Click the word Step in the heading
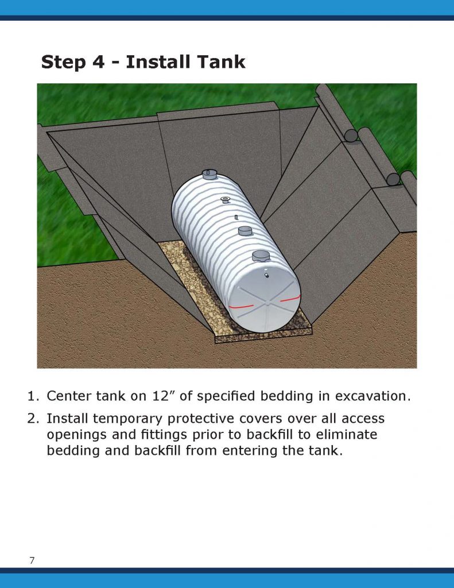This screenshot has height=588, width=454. point(63,62)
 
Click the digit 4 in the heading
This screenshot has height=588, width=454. point(99,62)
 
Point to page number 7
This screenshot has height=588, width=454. point(32,560)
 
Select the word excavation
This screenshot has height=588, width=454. point(372,396)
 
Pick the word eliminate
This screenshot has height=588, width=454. point(347,434)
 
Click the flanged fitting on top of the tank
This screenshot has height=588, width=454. point(225,199)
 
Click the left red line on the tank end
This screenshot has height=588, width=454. point(242,307)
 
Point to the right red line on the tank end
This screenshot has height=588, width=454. point(290,298)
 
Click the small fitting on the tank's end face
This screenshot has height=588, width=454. point(266,275)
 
